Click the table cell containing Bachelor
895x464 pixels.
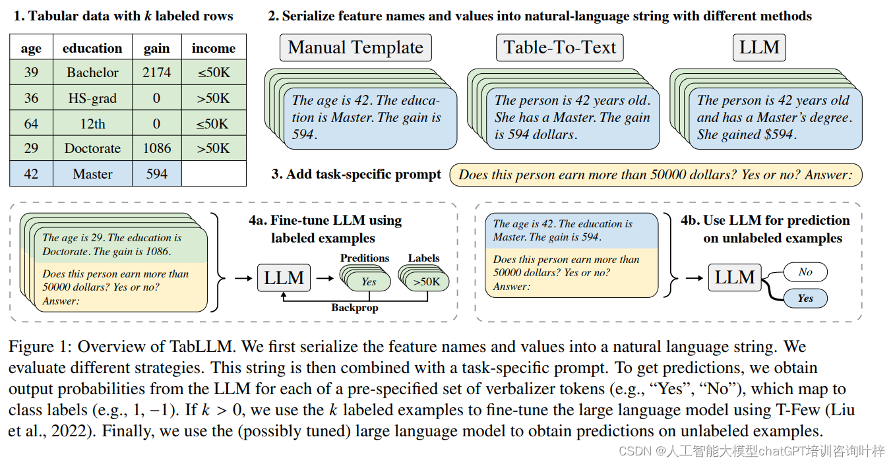(92, 72)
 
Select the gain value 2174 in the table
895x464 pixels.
(156, 72)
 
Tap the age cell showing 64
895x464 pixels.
(31, 123)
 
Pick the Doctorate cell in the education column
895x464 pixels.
(92, 148)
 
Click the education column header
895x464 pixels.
(92, 48)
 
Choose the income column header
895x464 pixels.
(213, 48)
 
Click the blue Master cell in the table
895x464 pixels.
(92, 174)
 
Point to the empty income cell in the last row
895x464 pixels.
(213, 174)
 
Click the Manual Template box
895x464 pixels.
(355, 47)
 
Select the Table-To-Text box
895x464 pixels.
(559, 47)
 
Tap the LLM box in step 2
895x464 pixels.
(759, 47)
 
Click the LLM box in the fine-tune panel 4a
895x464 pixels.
(284, 278)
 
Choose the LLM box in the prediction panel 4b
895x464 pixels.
(735, 278)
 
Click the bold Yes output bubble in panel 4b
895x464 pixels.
(805, 299)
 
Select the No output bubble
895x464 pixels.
(805, 272)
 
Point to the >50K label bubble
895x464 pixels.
(427, 281)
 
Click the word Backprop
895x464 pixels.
(354, 307)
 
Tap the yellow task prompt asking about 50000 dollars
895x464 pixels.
(656, 175)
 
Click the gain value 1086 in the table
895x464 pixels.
(156, 148)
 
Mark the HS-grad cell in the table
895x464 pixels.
(92, 98)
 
